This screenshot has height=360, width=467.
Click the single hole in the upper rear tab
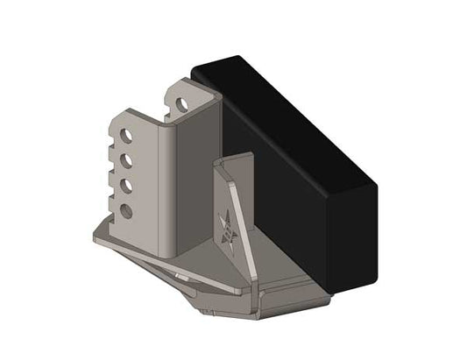tap(181, 102)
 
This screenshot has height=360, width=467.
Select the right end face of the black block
tap(354, 236)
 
